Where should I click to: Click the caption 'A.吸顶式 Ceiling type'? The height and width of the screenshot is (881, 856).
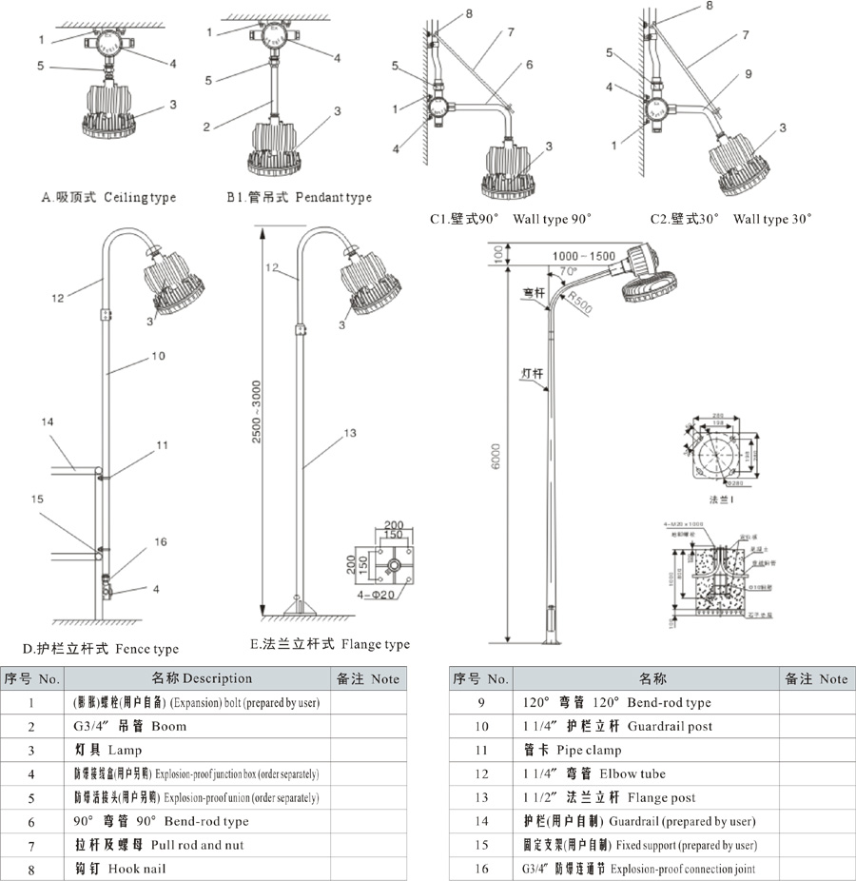108,198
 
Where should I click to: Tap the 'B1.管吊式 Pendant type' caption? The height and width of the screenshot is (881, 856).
298,198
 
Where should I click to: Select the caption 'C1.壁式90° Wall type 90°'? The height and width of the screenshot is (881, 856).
510,220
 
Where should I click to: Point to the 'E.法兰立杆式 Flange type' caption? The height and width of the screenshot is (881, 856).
330,644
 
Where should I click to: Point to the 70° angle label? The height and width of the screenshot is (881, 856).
569,272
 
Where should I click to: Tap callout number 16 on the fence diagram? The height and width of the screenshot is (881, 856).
161,541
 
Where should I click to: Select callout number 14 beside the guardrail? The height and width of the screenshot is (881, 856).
49,421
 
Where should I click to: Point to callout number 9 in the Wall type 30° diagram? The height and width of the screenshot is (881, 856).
748,73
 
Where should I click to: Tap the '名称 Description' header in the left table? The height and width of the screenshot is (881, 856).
201,678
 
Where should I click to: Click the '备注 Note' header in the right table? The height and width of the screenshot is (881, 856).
815,678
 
